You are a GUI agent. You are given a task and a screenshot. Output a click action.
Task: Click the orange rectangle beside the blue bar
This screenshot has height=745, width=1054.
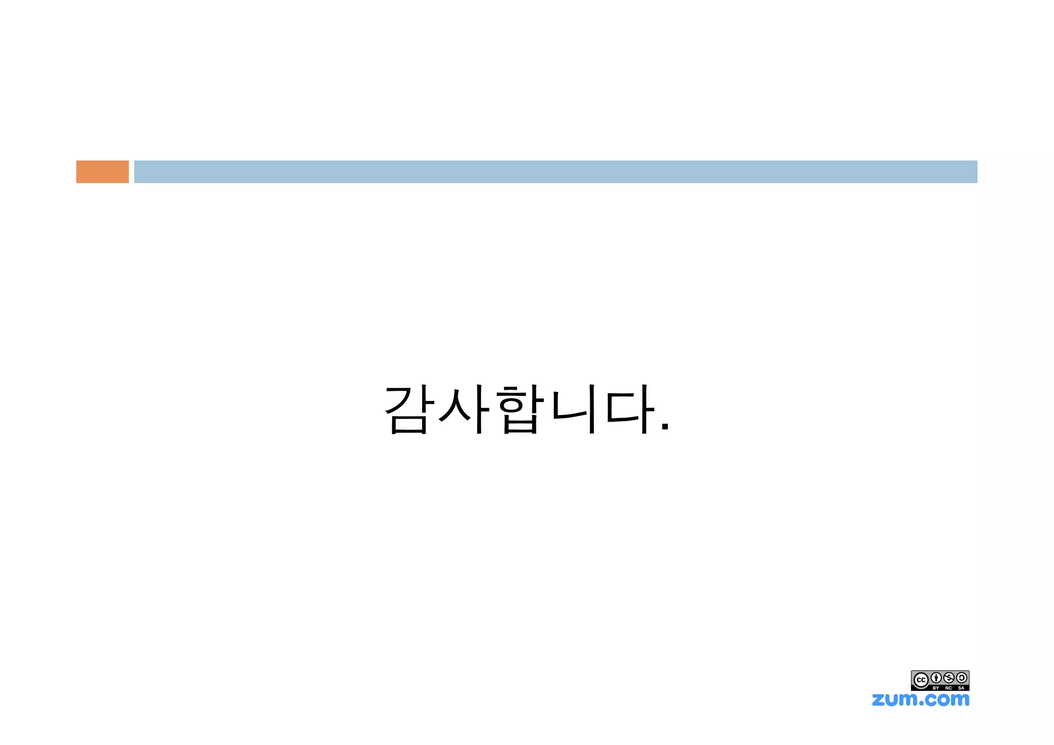(102, 171)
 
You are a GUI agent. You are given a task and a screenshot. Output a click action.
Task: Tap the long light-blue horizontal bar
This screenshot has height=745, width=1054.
(555, 171)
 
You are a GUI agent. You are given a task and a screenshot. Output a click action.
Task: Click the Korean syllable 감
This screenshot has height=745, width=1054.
(407, 409)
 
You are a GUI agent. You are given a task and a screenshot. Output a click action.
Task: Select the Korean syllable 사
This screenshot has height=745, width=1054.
(462, 409)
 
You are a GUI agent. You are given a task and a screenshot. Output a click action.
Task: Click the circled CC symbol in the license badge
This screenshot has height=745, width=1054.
(921, 680)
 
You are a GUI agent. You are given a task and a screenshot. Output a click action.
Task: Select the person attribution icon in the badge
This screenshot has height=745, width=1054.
(936, 678)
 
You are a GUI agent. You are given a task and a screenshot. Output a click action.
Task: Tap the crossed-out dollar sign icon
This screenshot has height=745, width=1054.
(949, 678)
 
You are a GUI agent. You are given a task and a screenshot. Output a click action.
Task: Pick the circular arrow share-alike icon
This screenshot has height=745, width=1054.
(961, 678)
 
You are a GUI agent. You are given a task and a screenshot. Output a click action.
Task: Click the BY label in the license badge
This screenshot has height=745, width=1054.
(936, 688)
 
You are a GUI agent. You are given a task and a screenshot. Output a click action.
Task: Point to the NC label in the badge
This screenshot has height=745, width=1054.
(948, 688)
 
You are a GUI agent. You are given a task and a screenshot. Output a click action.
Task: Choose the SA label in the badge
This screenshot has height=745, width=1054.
(961, 688)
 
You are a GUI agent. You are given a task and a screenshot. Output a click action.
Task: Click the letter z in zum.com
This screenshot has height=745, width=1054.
(878, 700)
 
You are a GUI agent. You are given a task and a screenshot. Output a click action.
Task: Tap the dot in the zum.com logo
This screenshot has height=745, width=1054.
(921, 703)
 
